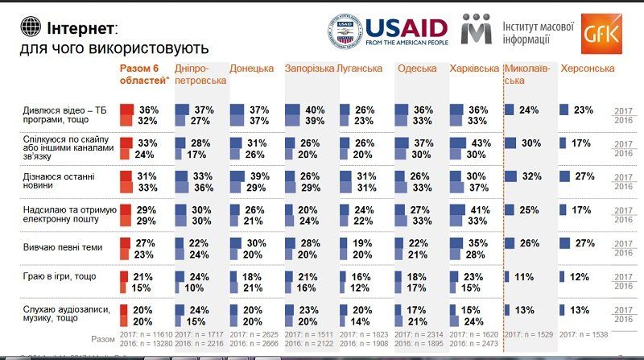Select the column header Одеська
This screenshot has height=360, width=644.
tap(417, 68)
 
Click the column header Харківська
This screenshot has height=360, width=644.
tap(474, 68)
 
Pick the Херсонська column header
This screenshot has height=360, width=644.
tap(587, 68)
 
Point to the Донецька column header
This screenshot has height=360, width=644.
tap(251, 68)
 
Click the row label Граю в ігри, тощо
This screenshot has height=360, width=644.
tap(52, 276)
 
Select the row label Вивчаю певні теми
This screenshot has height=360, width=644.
tap(56, 242)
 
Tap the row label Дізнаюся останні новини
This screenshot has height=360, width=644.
tap(46, 180)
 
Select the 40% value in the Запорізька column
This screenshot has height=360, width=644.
tap(314, 110)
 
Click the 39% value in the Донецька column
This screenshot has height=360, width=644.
tap(259, 176)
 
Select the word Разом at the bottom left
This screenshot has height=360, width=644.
tap(103, 339)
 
